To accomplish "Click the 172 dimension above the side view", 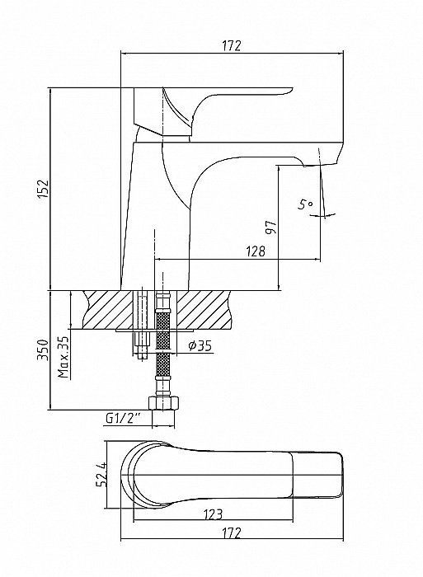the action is point(232,45).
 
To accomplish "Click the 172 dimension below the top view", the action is point(232,532).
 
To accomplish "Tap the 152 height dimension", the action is point(44,189).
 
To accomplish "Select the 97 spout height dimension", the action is point(271,228).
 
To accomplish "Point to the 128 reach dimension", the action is point(256,251).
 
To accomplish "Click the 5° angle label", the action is point(305,204).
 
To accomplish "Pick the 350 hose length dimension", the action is point(44,350).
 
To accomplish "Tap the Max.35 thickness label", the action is point(63,357).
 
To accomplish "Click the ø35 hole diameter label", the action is point(200,345).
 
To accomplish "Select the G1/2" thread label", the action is point(124,418).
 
